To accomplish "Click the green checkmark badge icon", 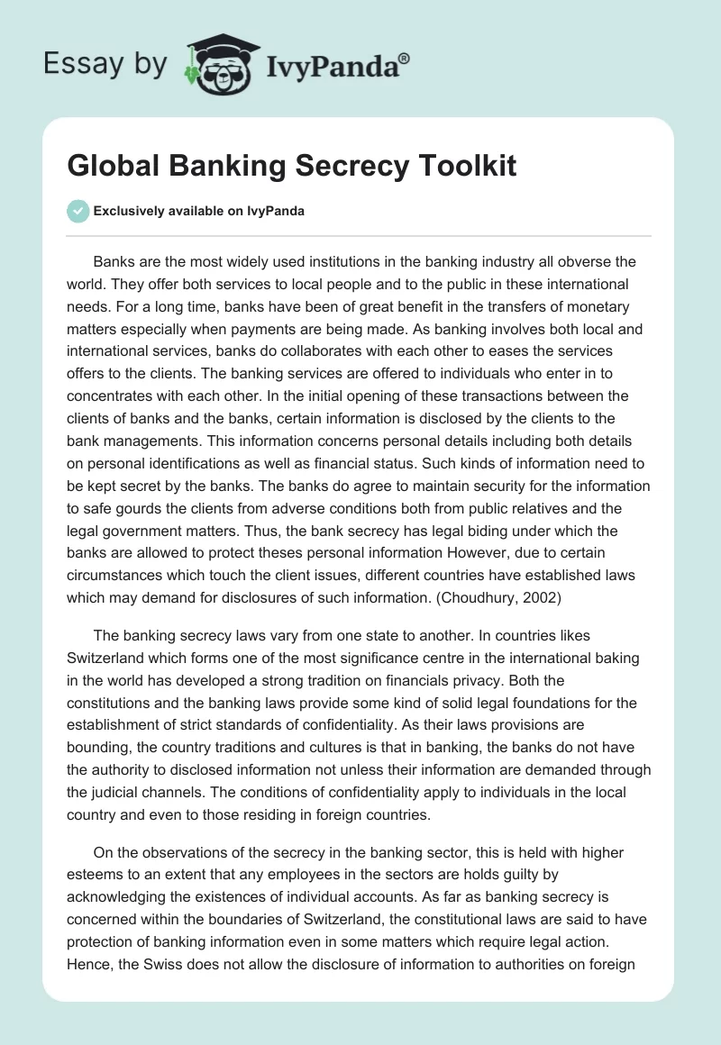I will (x=78, y=211).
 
